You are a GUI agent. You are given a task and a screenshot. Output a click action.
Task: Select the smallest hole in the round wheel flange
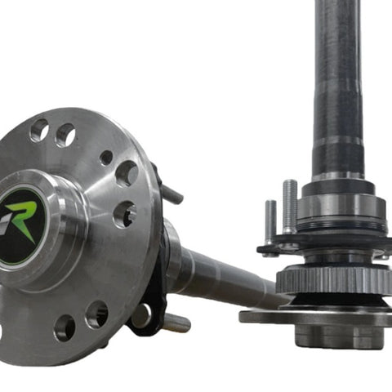tap(106, 158)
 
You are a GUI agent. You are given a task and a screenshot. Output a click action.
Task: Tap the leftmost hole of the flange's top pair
tap(40, 131)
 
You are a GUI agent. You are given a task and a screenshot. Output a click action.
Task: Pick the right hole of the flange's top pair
tap(65, 136)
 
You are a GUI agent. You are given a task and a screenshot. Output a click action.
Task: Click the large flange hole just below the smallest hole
tap(127, 174)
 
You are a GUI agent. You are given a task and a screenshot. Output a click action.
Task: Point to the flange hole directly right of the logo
tap(124, 215)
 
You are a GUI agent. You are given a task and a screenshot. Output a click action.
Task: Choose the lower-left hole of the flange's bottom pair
tap(65, 327)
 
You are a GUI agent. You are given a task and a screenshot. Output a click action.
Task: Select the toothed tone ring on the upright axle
tap(334, 279)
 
